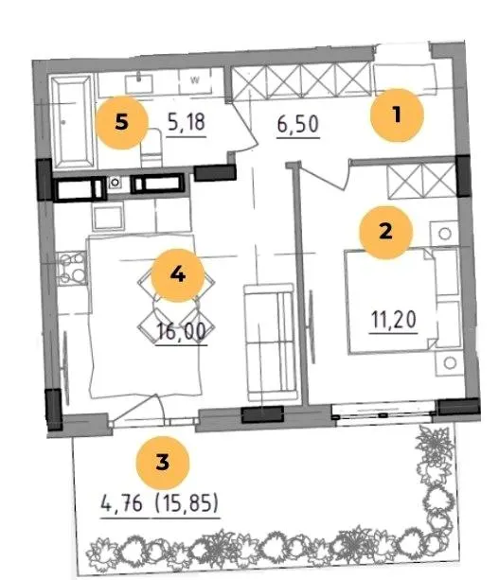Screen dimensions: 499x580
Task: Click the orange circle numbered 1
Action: [397, 115]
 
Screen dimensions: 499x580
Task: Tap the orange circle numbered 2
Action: [385, 233]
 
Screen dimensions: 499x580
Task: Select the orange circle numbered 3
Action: [163, 463]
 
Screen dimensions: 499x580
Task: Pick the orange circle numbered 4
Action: [178, 275]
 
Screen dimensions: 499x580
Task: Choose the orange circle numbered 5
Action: [122, 122]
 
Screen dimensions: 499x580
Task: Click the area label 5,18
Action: [187, 122]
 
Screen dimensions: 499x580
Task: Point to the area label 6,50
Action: [298, 124]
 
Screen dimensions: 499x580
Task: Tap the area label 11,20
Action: [394, 320]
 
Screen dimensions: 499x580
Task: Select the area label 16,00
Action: [182, 331]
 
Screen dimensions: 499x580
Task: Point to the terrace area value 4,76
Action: [121, 503]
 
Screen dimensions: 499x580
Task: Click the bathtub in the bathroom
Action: [72, 121]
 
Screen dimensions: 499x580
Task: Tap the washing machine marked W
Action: [195, 80]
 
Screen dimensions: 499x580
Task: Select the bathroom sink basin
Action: [139, 84]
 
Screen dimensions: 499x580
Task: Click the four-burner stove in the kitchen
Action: [72, 268]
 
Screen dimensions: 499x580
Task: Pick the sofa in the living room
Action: [270, 343]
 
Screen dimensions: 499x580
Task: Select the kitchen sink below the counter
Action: [108, 219]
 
